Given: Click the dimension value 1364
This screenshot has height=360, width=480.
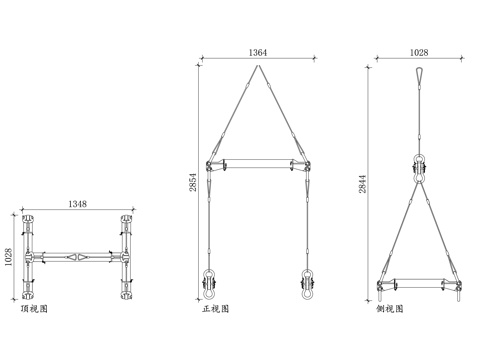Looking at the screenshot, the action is coord(258,52).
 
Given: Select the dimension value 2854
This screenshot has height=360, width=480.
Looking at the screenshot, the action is coord(193,182).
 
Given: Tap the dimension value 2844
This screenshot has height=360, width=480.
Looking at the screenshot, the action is coord(362,184).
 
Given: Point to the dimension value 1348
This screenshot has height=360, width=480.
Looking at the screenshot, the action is coord(77,204).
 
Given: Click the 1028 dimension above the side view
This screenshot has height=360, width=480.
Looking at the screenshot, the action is coord(419,52).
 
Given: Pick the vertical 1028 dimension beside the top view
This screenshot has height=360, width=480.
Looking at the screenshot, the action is coord(8,257).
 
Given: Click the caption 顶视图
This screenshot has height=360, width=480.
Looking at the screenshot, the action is coord(34,309).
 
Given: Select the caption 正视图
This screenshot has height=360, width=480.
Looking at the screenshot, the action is coord(216,309).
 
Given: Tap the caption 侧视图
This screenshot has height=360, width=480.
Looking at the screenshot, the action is coord(390,309).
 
